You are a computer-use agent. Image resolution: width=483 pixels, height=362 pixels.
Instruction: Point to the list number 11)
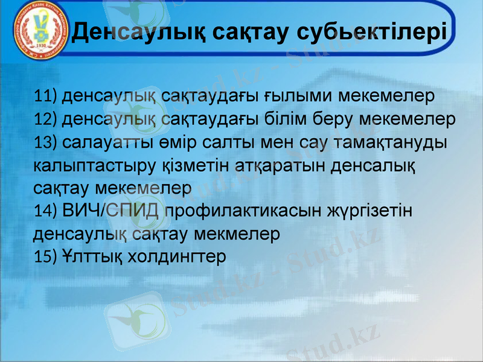[x=46, y=97]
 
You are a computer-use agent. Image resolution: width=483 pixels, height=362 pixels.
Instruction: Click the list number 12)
[x=46, y=119]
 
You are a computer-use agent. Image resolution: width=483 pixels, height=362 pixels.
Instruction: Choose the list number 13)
[x=46, y=142]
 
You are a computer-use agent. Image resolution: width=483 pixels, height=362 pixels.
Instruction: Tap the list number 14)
[x=46, y=211]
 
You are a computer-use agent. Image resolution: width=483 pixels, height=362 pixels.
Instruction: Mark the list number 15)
[x=46, y=256]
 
